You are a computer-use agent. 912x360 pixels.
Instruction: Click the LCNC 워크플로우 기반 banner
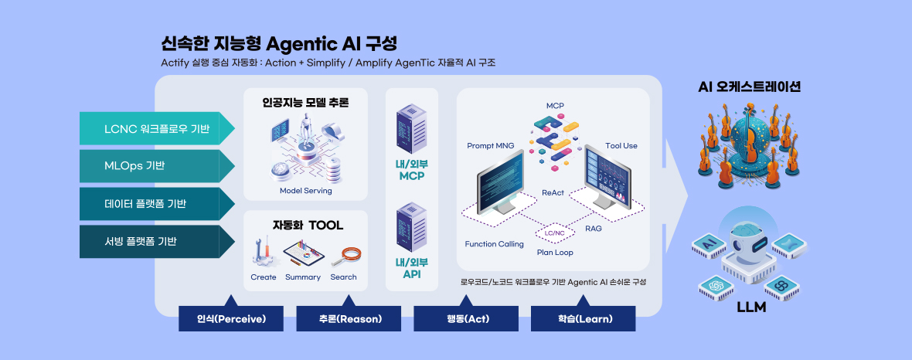pyautogui.click(x=157, y=128)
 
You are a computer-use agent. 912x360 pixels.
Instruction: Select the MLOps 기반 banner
pyautogui.click(x=157, y=166)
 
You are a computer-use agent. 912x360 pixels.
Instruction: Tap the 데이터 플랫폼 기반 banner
pyautogui.click(x=157, y=203)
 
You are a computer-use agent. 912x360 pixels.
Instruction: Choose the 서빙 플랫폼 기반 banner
pyautogui.click(x=157, y=241)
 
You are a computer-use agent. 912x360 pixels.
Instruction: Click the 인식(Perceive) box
pyautogui.click(x=231, y=318)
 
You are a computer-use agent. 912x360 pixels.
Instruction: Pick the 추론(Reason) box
pyautogui.click(x=349, y=318)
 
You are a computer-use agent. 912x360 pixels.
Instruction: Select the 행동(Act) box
pyautogui.click(x=466, y=318)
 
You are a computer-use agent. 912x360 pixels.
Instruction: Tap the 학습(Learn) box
pyautogui.click(x=584, y=318)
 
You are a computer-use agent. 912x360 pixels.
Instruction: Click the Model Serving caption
pyautogui.click(x=306, y=191)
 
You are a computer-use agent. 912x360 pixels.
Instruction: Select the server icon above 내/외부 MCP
pyautogui.click(x=411, y=128)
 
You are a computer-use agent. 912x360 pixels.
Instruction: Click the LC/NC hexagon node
pyautogui.click(x=554, y=233)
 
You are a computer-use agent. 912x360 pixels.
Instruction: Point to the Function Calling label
pyautogui.click(x=495, y=244)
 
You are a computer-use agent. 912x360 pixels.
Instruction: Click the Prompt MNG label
pyautogui.click(x=490, y=146)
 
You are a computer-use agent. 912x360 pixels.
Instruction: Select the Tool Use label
pyautogui.click(x=621, y=146)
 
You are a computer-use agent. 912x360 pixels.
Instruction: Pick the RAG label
pyautogui.click(x=594, y=229)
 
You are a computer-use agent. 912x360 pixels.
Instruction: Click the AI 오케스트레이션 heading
pyautogui.click(x=750, y=87)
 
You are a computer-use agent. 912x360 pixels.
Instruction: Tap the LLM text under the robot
pyautogui.click(x=751, y=307)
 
